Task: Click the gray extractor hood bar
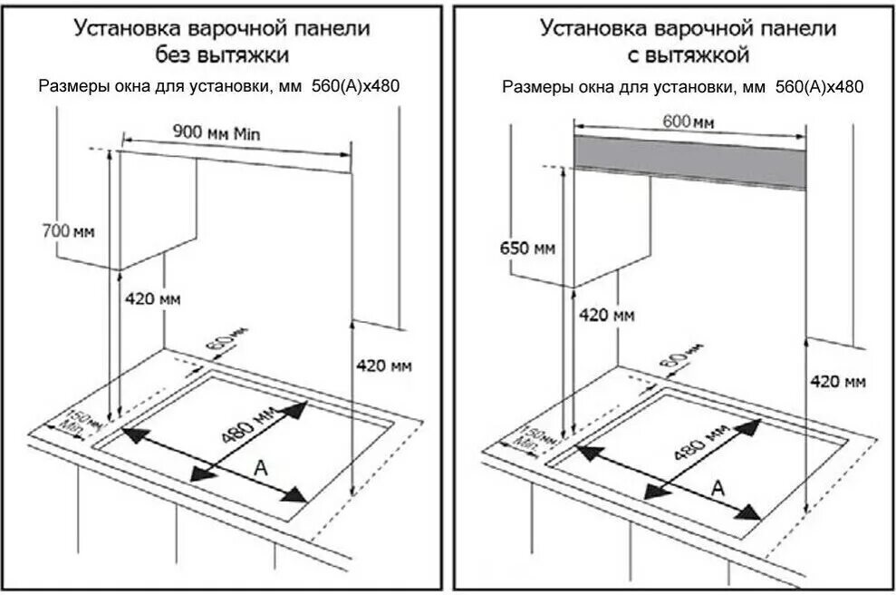689,161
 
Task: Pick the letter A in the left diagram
261,469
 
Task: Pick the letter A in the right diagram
718,488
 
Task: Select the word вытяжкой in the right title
698,56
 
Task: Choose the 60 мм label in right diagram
680,356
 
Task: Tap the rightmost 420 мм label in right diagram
838,381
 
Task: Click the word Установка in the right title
589,29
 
